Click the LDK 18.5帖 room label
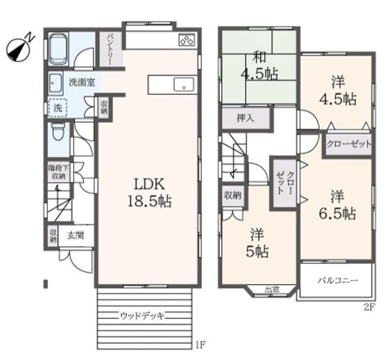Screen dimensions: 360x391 pyautogui.click(x=148, y=193)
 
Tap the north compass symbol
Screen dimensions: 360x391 pyautogui.click(x=19, y=48)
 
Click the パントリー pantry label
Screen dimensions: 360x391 pyautogui.click(x=112, y=48)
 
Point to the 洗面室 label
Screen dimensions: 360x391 pyautogui.click(x=81, y=81)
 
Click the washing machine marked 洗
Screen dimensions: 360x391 pyautogui.click(x=57, y=108)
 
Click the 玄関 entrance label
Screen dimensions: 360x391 pyautogui.click(x=75, y=235)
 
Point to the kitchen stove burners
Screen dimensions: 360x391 pyautogui.click(x=186, y=41)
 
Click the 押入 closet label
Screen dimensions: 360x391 pyautogui.click(x=246, y=118)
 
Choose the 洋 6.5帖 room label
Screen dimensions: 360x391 pyautogui.click(x=337, y=205)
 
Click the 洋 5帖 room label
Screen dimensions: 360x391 pyautogui.click(x=256, y=243)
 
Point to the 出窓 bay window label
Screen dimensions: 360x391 pyautogui.click(x=272, y=290)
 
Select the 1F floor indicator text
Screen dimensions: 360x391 pyautogui.click(x=200, y=345)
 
